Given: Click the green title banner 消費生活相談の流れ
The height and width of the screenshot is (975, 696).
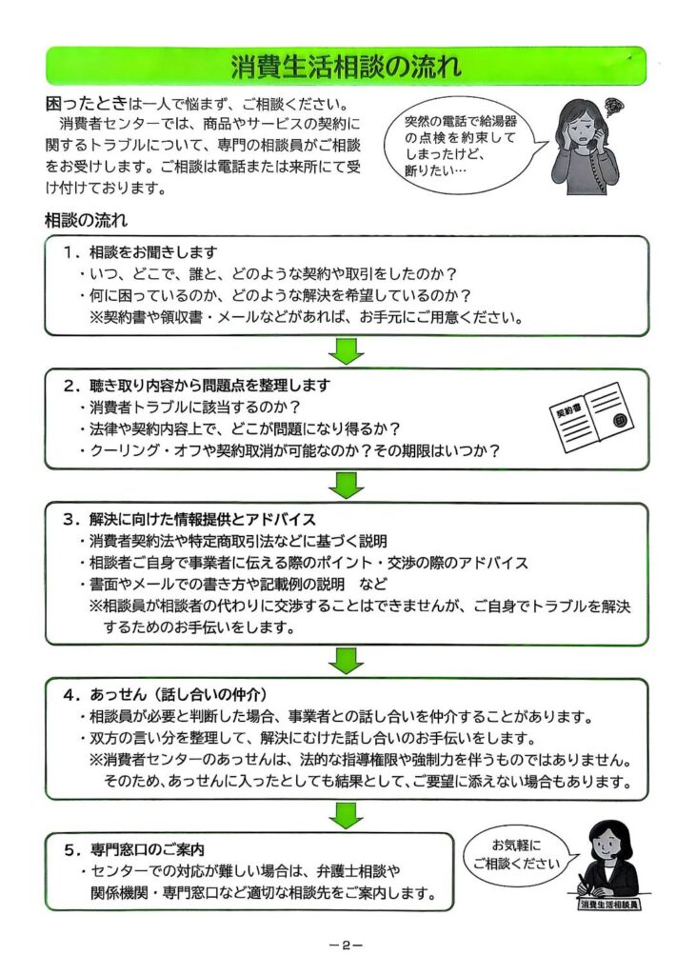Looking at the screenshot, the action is point(346,66).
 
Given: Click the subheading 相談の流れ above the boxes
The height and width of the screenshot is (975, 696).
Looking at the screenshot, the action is point(87,220).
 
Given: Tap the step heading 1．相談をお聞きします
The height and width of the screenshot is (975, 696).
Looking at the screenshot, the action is point(141,252).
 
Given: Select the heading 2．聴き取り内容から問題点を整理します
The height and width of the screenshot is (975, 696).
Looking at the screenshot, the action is point(196,386).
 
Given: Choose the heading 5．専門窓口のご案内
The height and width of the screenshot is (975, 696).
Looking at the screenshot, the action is point(133,849).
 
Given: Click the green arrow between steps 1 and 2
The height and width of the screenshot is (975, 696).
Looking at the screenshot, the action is point(347,351).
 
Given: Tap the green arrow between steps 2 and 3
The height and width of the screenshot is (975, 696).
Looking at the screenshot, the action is point(347,485).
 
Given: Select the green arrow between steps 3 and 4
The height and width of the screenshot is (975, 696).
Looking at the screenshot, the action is point(347,661).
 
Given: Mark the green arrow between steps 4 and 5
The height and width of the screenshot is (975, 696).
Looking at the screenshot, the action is point(347,816).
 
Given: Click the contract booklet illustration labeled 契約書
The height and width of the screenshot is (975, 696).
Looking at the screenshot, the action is point(592,418).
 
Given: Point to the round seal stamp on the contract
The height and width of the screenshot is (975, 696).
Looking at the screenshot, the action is point(620,420).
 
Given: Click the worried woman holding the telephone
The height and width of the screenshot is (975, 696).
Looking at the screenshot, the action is point(586,147).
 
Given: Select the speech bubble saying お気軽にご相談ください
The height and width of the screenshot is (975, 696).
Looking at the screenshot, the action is point(518,855).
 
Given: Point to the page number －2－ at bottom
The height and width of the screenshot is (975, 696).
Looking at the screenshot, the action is point(346,945).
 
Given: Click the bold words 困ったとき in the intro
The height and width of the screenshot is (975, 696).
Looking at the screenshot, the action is point(87,103).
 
